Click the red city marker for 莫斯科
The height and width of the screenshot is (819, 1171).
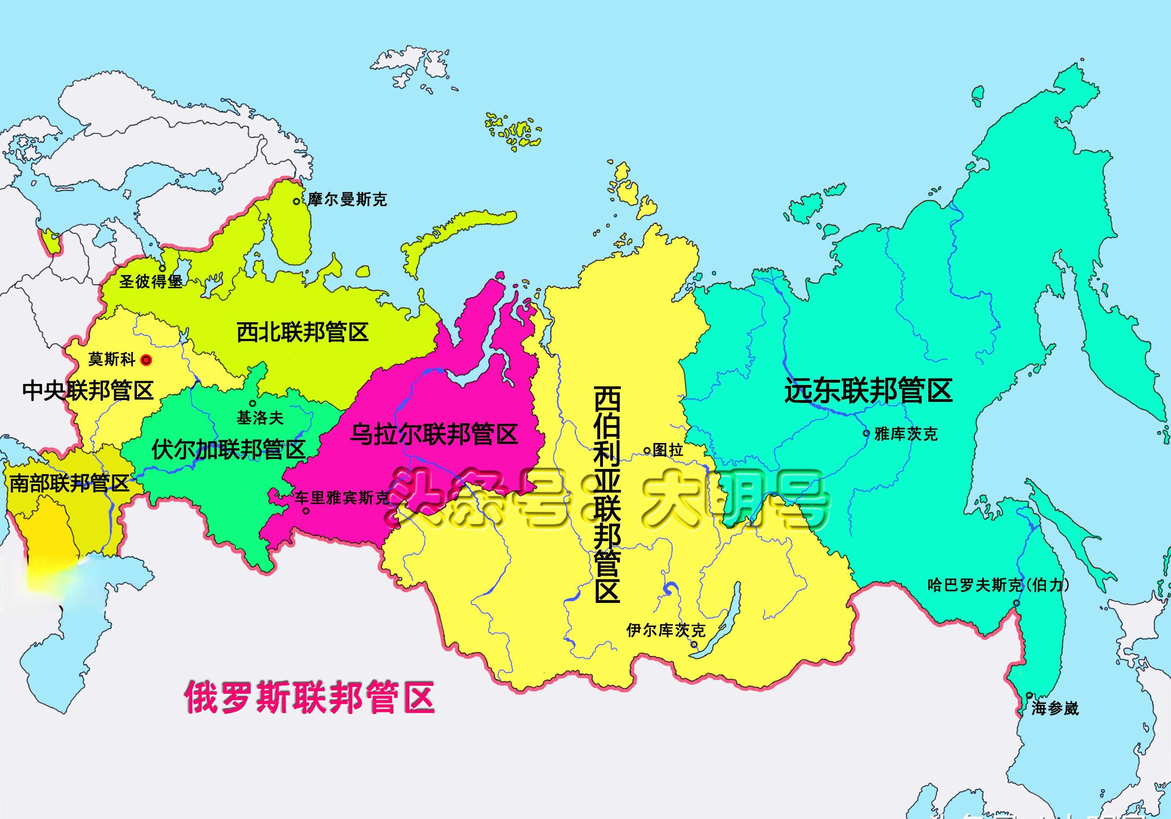pos(146,360)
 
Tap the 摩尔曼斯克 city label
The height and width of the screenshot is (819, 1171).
pos(347,199)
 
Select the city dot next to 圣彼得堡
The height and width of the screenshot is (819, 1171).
pos(162,268)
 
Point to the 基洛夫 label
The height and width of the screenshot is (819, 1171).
pos(260,418)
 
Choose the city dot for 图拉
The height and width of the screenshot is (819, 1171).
pos(647,450)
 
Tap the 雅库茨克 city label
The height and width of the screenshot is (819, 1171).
pos(906,434)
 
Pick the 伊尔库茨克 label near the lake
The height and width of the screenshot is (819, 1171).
pos(666,630)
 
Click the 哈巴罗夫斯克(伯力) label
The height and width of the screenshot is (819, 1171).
pos(998,585)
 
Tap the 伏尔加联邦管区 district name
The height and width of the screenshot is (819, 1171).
pos(228,450)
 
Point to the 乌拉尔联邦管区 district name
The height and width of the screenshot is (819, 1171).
pos(433,434)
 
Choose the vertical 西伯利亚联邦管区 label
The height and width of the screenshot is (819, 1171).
pos(607,494)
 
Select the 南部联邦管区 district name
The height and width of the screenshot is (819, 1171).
pos(69,483)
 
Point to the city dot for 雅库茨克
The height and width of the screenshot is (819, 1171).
pos(866,434)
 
